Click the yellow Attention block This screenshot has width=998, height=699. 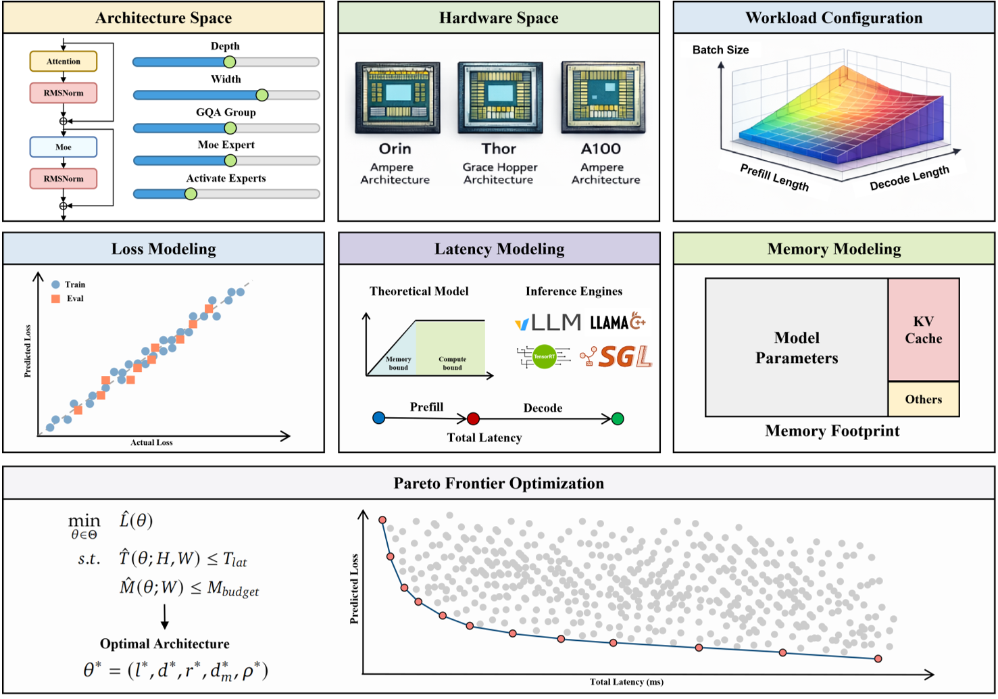(64, 62)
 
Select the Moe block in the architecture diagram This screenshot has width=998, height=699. (64, 147)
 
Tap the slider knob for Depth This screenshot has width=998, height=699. (230, 62)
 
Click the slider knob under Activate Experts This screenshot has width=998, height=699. (191, 194)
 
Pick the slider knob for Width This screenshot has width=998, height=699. (262, 95)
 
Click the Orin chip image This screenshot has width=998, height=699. (397, 98)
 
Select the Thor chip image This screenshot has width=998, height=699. (500, 98)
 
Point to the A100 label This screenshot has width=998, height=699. (601, 149)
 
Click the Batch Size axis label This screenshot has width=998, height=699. (720, 50)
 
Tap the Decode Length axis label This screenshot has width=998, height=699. (909, 178)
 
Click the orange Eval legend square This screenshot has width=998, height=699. (56, 298)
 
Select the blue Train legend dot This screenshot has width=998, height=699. (56, 285)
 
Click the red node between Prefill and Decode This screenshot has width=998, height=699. (473, 418)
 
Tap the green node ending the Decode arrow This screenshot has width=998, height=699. (618, 418)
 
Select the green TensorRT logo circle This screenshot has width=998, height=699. (544, 356)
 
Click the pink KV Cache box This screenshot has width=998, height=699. (923, 330)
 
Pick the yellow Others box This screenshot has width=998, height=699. (923, 400)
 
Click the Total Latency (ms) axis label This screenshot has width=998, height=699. (626, 682)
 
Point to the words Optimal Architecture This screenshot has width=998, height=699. (165, 644)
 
